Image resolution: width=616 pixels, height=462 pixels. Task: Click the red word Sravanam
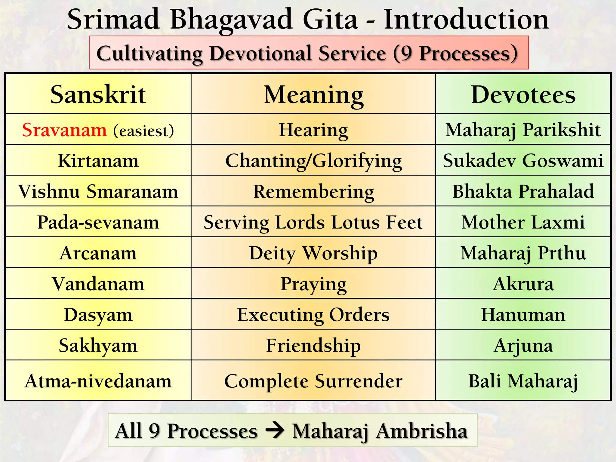(x=64, y=130)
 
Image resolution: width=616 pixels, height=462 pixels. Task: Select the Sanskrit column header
(x=98, y=94)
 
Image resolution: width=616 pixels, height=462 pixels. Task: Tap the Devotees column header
(x=523, y=94)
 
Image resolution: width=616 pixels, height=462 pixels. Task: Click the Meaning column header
(x=313, y=94)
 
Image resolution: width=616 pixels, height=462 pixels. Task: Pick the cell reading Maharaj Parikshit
(x=523, y=130)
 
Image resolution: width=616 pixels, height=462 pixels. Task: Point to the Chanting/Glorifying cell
(x=313, y=161)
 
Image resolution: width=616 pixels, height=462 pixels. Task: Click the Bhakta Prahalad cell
(x=523, y=191)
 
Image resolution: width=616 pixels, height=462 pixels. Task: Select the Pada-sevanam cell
(x=98, y=222)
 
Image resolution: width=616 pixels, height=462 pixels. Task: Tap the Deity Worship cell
(x=313, y=253)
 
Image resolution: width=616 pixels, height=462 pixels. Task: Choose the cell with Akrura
(x=523, y=284)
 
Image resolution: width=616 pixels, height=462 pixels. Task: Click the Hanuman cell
(x=523, y=315)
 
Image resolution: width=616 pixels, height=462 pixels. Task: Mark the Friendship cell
(x=313, y=345)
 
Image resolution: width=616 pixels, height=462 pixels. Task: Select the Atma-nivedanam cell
(x=98, y=381)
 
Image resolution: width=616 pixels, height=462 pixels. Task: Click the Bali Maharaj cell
(x=523, y=381)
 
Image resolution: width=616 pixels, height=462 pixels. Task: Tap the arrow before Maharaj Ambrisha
(x=275, y=431)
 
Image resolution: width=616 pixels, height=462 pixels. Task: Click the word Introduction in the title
(x=466, y=19)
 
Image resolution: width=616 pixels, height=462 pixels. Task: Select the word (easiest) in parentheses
(x=143, y=131)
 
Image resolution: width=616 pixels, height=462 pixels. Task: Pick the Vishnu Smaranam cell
(x=98, y=191)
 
